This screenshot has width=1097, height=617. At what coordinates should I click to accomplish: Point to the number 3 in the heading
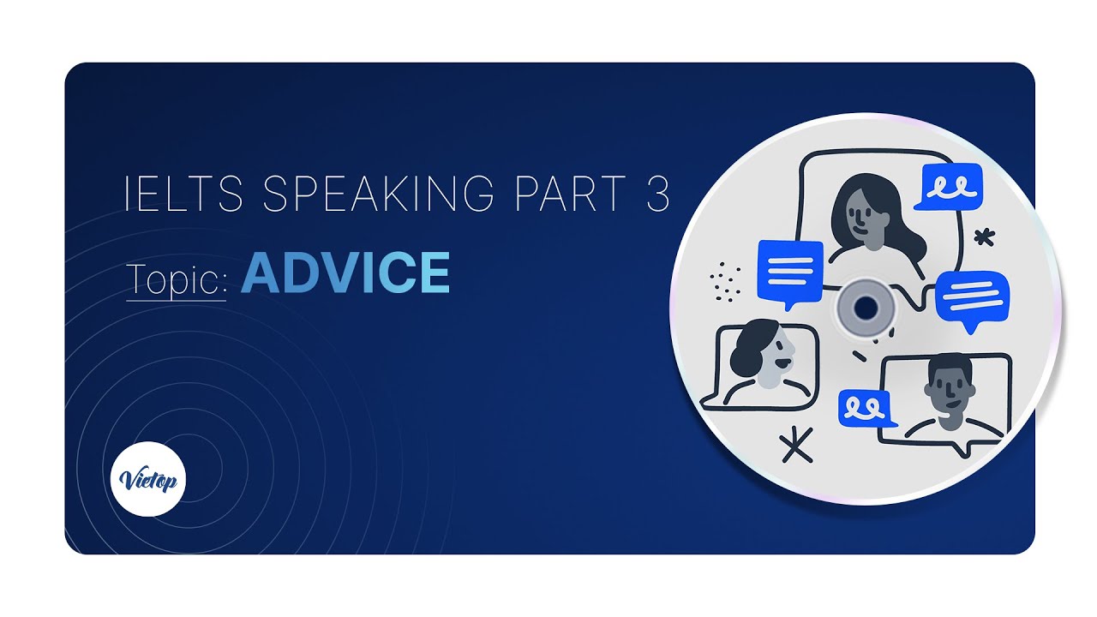tap(656, 195)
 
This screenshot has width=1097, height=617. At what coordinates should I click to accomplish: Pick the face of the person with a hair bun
tap(774, 353)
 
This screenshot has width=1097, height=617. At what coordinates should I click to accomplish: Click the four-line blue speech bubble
tap(790, 273)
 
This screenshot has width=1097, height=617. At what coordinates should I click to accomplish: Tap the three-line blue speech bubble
tap(972, 298)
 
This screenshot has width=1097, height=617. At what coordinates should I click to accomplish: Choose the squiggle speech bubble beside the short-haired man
tap(864, 409)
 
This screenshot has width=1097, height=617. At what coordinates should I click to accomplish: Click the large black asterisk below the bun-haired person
tap(796, 445)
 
